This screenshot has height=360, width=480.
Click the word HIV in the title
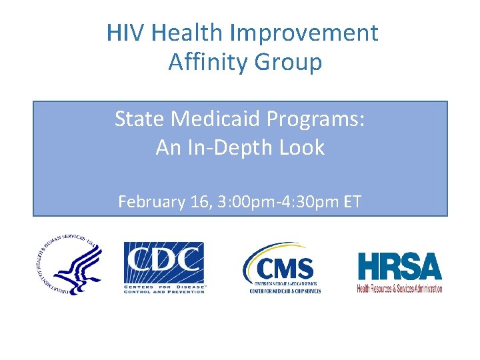point(123,33)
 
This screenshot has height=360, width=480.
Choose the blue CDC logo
point(164,267)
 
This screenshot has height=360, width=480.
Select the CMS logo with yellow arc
point(283,267)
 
